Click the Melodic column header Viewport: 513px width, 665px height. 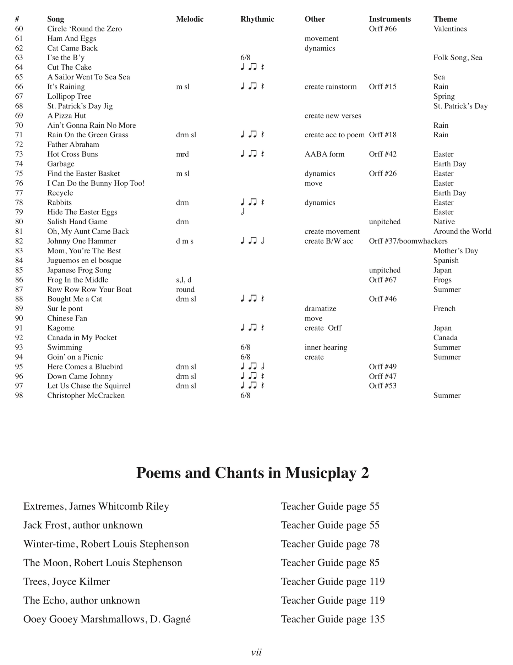[190, 19]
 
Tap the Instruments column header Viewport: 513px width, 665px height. [389, 19]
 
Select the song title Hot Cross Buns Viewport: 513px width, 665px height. [72, 154]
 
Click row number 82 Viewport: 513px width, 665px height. [19, 241]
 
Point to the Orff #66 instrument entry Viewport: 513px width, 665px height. [382, 29]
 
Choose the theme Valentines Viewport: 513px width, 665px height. [450, 29]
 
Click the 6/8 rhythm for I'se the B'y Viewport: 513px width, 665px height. [245, 57]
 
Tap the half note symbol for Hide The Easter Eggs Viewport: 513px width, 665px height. [242, 212]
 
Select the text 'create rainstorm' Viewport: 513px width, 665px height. [330, 87]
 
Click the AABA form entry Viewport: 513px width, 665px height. [324, 154]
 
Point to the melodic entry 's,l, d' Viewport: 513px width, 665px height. [184, 280]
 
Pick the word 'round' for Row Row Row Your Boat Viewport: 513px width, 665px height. [185, 289]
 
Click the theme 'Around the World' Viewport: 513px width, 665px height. [462, 231]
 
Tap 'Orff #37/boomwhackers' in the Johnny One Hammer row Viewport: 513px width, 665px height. [408, 241]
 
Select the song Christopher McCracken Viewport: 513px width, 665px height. [86, 395]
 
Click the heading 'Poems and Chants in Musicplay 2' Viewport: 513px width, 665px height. [252, 473]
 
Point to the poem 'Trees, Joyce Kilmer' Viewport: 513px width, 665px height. [66, 582]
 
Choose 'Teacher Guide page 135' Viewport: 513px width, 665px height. [333, 619]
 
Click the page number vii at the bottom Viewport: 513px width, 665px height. [256, 652]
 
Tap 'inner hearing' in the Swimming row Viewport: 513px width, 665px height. [326, 347]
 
